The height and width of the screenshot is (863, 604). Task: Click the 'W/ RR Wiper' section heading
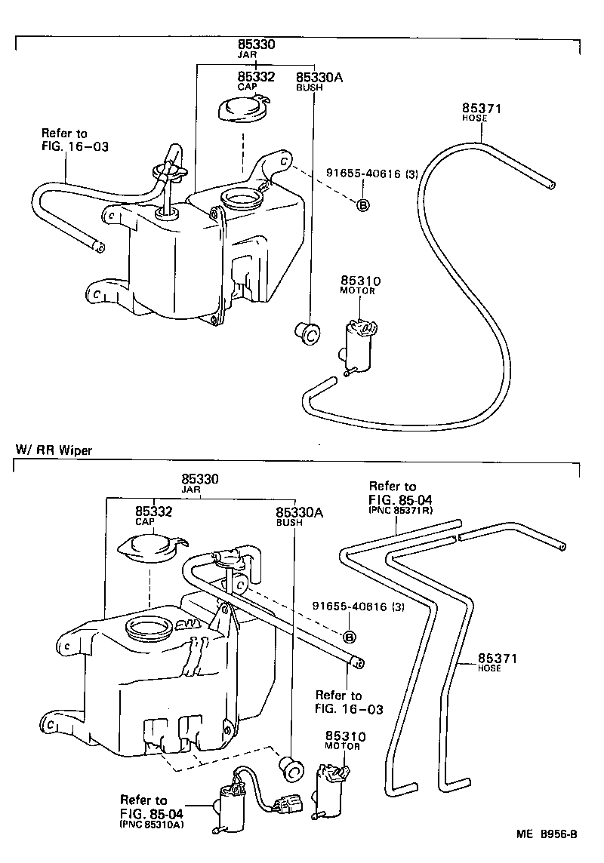click(54, 450)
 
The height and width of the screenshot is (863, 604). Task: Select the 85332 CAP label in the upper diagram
click(256, 81)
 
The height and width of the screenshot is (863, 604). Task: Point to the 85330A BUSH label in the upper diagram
click(319, 81)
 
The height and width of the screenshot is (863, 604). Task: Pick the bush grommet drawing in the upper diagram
click(307, 331)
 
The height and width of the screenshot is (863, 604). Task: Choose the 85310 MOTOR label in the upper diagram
click(360, 285)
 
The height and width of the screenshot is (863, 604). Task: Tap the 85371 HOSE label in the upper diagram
click(479, 113)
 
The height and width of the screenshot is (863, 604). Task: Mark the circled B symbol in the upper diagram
click(362, 205)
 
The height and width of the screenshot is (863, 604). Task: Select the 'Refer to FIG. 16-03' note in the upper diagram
click(75, 140)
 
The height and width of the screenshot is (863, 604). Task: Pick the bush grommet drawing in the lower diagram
click(291, 767)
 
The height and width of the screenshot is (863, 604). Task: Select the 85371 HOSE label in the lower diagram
click(496, 663)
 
